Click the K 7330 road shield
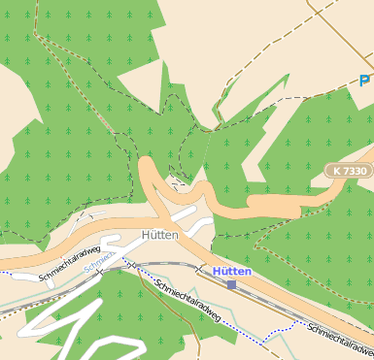[348, 171]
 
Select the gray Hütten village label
[159, 236]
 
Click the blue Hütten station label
[232, 272]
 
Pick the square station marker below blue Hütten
[232, 284]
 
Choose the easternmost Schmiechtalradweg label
[340, 339]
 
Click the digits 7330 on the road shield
[354, 171]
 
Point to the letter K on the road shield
[336, 171]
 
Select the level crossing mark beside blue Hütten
[200, 270]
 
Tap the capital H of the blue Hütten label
[218, 272]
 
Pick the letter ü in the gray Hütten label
[152, 236]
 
